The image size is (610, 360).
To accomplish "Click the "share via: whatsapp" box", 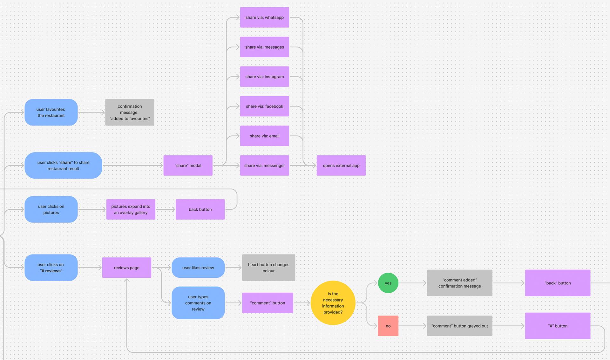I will click(x=264, y=17).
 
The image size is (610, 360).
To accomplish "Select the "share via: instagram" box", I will click(x=264, y=77).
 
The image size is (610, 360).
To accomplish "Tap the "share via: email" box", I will click(x=264, y=136).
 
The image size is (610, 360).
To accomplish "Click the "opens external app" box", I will click(x=341, y=166).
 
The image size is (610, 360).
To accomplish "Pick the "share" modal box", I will click(x=188, y=166).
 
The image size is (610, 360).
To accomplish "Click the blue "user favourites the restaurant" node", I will click(x=51, y=112).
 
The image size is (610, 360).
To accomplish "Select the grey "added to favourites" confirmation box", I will click(x=130, y=112).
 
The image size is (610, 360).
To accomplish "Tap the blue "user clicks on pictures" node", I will click(x=51, y=209).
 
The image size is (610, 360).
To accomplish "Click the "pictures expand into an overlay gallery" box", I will click(x=131, y=209).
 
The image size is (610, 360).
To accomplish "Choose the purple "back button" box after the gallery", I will click(x=200, y=209).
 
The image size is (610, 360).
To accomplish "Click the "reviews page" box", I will click(x=126, y=268).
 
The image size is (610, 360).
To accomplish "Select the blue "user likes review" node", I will click(x=198, y=268).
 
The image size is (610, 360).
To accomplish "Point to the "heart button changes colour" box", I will click(x=268, y=268).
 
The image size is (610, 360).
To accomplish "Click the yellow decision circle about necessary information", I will click(x=333, y=303).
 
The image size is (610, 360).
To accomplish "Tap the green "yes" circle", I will click(x=388, y=283).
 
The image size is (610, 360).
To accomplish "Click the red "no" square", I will click(x=388, y=326).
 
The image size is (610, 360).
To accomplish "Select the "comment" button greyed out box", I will click(x=459, y=326).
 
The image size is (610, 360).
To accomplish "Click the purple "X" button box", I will click(x=558, y=326).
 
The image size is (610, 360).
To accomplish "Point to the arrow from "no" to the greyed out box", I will click(x=412, y=326).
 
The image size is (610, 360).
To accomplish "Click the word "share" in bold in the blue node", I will click(x=66, y=162).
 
